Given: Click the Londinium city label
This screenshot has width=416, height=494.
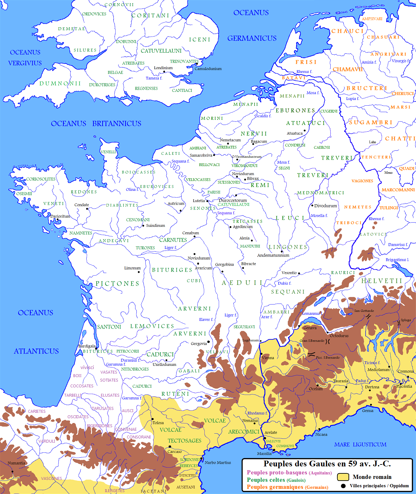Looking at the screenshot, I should point(163,68).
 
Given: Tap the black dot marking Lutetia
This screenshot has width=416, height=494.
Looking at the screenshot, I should point(207,201).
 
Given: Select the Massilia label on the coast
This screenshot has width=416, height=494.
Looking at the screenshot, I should point(264,454).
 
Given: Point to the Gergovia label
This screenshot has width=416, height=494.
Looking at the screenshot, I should point(199,344).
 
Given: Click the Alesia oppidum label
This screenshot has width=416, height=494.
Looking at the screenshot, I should point(244,238).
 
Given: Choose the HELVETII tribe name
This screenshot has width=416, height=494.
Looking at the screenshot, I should point(382,281).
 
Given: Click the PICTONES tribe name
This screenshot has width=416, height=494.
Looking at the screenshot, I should point(117,284).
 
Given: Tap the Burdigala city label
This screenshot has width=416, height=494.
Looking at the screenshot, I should point(87,346).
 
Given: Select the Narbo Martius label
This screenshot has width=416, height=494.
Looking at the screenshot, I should point(218,463).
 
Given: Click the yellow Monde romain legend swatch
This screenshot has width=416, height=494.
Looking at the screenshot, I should point(343,477).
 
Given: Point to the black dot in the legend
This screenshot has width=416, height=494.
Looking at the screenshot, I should point(343,486).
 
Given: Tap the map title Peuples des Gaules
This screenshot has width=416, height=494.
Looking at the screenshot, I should point(327,463).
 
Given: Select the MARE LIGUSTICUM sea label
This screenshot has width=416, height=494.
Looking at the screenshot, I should point(360,445).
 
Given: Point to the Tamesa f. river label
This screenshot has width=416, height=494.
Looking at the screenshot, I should point(154,78).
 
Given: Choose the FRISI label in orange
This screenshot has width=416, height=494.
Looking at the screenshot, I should point(306,62).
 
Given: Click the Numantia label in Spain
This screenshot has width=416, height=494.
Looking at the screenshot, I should point(16,463).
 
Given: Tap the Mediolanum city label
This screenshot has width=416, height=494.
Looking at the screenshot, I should point(378,370).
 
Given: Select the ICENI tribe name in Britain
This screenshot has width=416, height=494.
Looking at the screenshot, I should point(200,40).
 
